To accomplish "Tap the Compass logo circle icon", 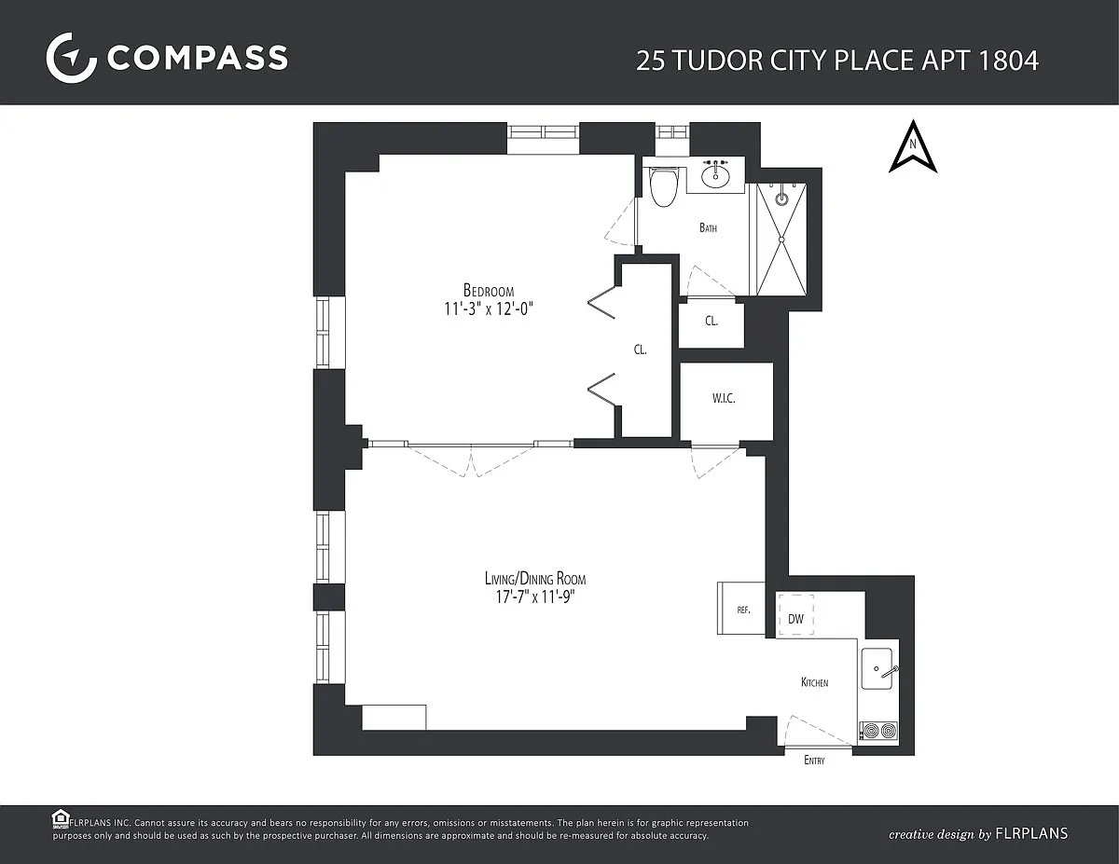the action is click(71, 58).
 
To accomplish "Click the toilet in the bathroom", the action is click(664, 186).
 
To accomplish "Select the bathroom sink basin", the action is click(715, 175).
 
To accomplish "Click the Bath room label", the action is click(708, 227).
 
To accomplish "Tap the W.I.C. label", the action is click(724, 398).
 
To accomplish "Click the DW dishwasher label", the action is click(795, 619).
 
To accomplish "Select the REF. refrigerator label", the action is click(743, 610).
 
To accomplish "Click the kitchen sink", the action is click(877, 668).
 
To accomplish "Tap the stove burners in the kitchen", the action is click(879, 731).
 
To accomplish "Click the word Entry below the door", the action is click(814, 760).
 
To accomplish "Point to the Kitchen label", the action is click(815, 682).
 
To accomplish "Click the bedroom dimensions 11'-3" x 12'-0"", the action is click(489, 309).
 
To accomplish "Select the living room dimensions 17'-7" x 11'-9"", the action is click(535, 597).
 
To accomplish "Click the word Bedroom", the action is click(489, 290).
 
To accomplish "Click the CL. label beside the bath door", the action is click(711, 321).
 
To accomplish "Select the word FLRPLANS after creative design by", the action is click(1031, 834).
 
